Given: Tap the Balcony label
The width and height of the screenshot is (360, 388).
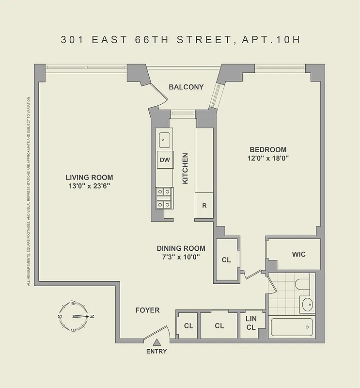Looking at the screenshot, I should [186, 87].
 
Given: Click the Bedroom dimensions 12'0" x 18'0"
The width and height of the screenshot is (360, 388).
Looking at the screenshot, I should [268, 159].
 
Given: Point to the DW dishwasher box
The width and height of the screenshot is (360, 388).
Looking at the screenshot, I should [164, 160].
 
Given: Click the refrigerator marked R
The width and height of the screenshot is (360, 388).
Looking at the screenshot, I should [204, 205].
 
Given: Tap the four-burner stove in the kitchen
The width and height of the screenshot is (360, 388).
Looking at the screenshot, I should [164, 198].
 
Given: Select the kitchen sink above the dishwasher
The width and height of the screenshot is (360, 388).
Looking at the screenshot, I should [164, 140].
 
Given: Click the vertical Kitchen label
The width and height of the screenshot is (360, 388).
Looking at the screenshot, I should [185, 169].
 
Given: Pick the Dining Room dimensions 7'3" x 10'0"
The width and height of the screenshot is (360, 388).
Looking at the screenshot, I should [181, 257].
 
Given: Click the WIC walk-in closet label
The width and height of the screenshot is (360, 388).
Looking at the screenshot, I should [298, 255].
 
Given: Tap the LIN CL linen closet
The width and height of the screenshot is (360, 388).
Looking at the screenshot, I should [251, 323].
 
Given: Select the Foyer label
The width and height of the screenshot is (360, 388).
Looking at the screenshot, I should [147, 310].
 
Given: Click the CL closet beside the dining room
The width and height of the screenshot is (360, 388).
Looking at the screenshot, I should [226, 260].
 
